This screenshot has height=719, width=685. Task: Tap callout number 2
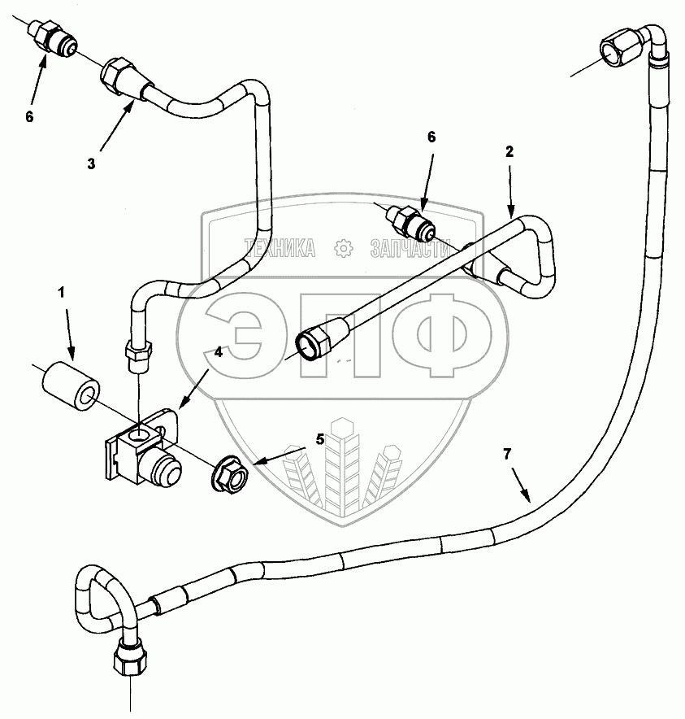[x=509, y=151]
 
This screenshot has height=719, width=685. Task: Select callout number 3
[x=91, y=163]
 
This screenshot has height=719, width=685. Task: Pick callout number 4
[x=218, y=352]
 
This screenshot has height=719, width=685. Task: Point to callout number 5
[x=320, y=439]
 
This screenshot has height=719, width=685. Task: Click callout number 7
[x=507, y=455]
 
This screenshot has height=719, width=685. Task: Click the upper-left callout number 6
[x=29, y=116]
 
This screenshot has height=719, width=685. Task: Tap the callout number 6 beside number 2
[x=431, y=137]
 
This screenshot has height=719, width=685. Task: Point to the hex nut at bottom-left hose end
[x=129, y=655]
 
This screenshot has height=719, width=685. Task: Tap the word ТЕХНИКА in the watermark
[x=280, y=247]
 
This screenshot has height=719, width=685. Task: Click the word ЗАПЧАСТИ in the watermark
[x=410, y=247]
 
